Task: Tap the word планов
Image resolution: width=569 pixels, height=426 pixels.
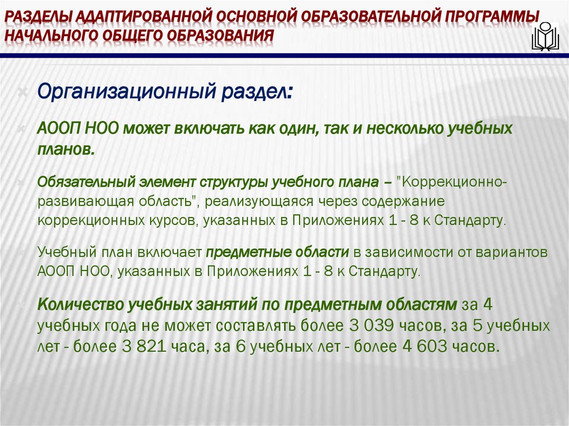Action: tap(65, 149)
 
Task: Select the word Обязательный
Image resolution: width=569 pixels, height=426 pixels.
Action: tap(79, 182)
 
